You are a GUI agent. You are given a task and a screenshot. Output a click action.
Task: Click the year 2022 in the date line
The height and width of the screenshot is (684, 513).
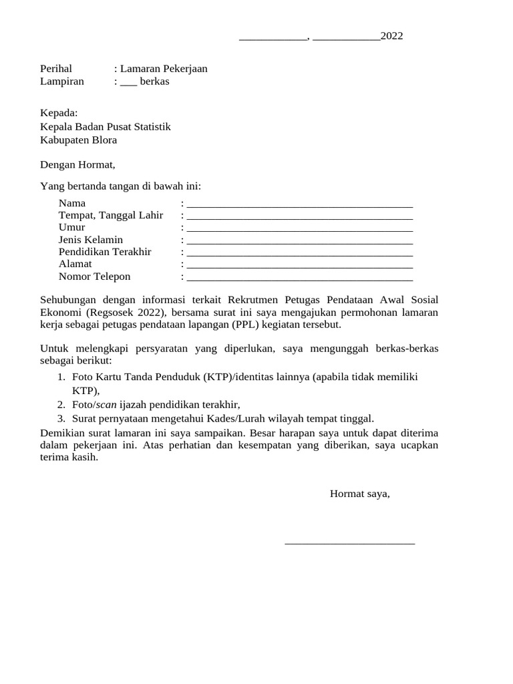(391, 36)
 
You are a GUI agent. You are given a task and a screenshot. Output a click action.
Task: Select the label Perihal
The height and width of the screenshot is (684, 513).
(56, 68)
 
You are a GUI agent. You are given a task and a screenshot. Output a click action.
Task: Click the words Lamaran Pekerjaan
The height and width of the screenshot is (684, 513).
(164, 68)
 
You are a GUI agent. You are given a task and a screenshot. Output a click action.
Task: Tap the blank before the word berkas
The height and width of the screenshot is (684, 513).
(128, 82)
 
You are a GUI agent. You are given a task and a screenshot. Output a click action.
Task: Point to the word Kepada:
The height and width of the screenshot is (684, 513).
(59, 112)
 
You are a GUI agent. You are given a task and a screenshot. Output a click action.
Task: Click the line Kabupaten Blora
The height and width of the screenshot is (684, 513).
(78, 140)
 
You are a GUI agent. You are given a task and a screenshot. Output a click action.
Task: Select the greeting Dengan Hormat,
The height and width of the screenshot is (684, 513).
(77, 164)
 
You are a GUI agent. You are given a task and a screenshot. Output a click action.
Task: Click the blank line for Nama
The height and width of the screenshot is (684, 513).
(299, 204)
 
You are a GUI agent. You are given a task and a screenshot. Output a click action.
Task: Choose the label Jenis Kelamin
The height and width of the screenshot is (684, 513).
(91, 240)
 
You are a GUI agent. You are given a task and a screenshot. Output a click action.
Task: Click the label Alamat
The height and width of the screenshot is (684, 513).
(75, 264)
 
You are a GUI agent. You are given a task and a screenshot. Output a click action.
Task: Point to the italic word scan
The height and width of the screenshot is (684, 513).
(106, 405)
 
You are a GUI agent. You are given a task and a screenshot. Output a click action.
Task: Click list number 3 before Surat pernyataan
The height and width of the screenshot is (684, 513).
(61, 419)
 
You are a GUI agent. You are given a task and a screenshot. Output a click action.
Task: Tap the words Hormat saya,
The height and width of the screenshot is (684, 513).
(359, 494)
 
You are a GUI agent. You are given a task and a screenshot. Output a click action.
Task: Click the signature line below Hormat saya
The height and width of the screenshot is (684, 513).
(349, 542)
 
